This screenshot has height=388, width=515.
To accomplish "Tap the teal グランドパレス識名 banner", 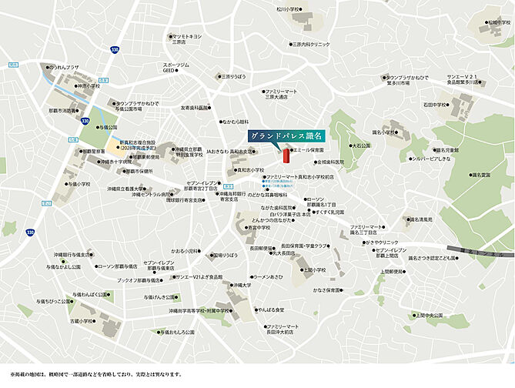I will [x=286, y=134].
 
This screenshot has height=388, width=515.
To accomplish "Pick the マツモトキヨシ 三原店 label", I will [x=186, y=38].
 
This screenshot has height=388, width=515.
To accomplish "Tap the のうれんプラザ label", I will [x=63, y=68].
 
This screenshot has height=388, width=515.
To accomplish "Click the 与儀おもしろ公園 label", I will [x=177, y=333].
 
